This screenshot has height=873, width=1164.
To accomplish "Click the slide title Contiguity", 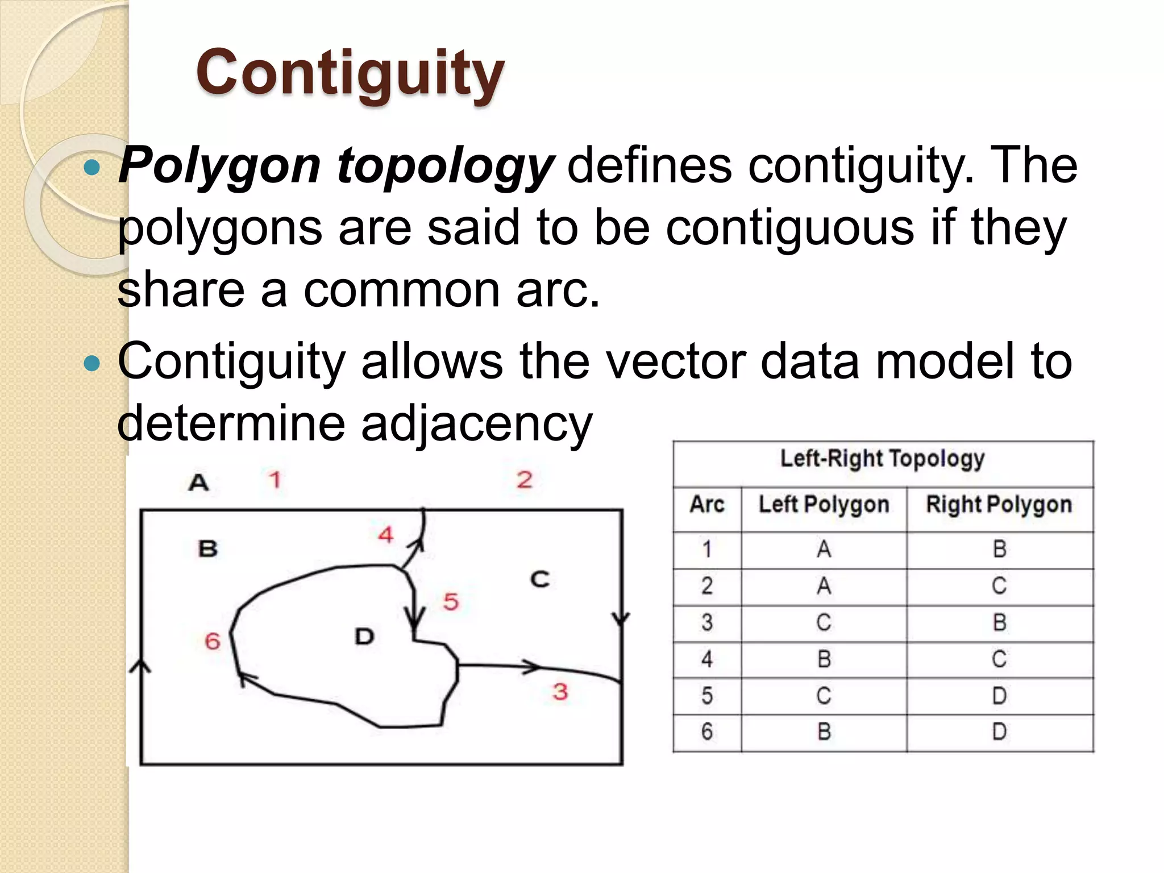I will (x=350, y=73).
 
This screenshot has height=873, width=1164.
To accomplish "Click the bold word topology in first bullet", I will (x=445, y=166).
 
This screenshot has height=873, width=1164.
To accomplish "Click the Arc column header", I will (x=707, y=505).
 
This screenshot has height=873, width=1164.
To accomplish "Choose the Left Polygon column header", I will (x=824, y=505).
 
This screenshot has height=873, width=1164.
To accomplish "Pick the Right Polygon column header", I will (x=999, y=505).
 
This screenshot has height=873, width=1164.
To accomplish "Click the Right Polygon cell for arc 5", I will (x=999, y=696).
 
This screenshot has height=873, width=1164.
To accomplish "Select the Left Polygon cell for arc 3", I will (x=824, y=622).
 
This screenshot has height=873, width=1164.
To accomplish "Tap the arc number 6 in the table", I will (x=707, y=731).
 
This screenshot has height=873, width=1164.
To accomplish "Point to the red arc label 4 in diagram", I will (x=386, y=535).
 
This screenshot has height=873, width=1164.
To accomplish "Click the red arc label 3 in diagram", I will (x=560, y=692).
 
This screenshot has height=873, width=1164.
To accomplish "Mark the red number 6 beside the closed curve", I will (x=213, y=641).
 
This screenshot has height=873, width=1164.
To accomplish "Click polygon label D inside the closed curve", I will (x=364, y=636).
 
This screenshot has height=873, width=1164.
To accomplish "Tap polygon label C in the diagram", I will (x=539, y=580).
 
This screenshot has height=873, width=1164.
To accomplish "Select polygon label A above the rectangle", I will (x=198, y=483).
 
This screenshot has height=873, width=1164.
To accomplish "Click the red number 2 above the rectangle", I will (x=525, y=480).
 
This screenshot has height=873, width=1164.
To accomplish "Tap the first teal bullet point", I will (x=92, y=168).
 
